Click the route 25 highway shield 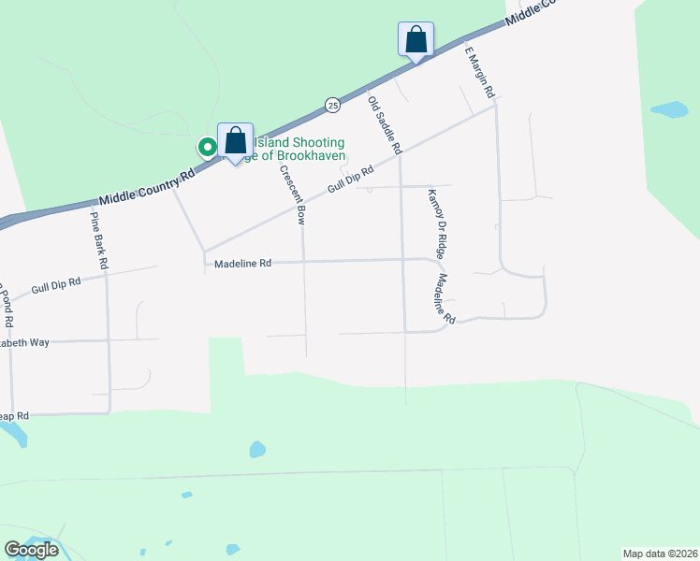[332, 106]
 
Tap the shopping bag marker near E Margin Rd [416, 40]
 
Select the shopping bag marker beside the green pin [236, 141]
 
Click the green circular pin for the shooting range [207, 147]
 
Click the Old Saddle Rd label [385, 125]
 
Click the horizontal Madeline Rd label [242, 264]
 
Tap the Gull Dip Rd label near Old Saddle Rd [351, 180]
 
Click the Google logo [31, 549]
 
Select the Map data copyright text [660, 553]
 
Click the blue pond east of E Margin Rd [669, 109]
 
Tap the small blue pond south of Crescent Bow [256, 451]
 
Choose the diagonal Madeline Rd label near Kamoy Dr [444, 299]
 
